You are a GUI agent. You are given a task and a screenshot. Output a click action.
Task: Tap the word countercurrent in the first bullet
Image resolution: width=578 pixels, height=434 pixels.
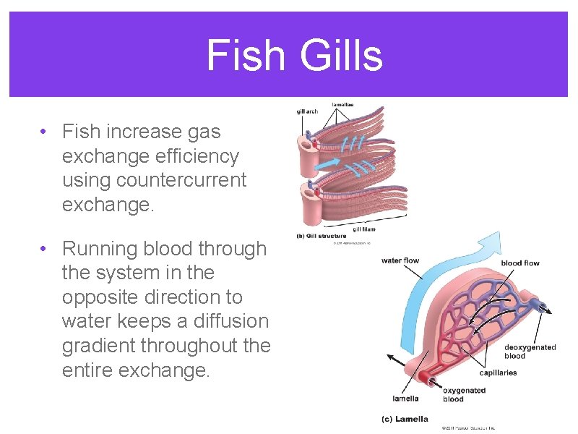pyautogui.click(x=154, y=180)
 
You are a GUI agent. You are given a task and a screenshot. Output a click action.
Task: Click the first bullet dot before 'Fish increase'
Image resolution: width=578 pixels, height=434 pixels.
pyautogui.click(x=44, y=132)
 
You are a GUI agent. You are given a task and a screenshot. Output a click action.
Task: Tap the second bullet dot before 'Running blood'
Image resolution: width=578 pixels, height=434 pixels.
pyautogui.click(x=44, y=250)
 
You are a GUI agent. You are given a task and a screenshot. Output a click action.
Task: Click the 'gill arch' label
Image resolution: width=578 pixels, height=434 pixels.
pyautogui.click(x=307, y=111)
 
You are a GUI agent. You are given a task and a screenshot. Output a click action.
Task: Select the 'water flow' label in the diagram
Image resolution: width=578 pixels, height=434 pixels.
pyautogui.click(x=400, y=260)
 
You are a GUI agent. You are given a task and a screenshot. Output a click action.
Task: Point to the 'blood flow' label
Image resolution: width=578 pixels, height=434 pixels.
pyautogui.click(x=520, y=263)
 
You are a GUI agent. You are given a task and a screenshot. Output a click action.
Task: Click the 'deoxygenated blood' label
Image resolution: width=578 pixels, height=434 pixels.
pyautogui.click(x=530, y=352)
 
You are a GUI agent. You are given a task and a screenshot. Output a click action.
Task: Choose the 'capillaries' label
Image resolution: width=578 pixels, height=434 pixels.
pyautogui.click(x=498, y=373)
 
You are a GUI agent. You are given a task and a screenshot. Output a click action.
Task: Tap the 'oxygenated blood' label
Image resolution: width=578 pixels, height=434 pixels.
pyautogui.click(x=464, y=395)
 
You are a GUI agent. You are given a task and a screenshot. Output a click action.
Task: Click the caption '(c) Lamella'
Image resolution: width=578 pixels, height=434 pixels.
pyautogui.click(x=405, y=419)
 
